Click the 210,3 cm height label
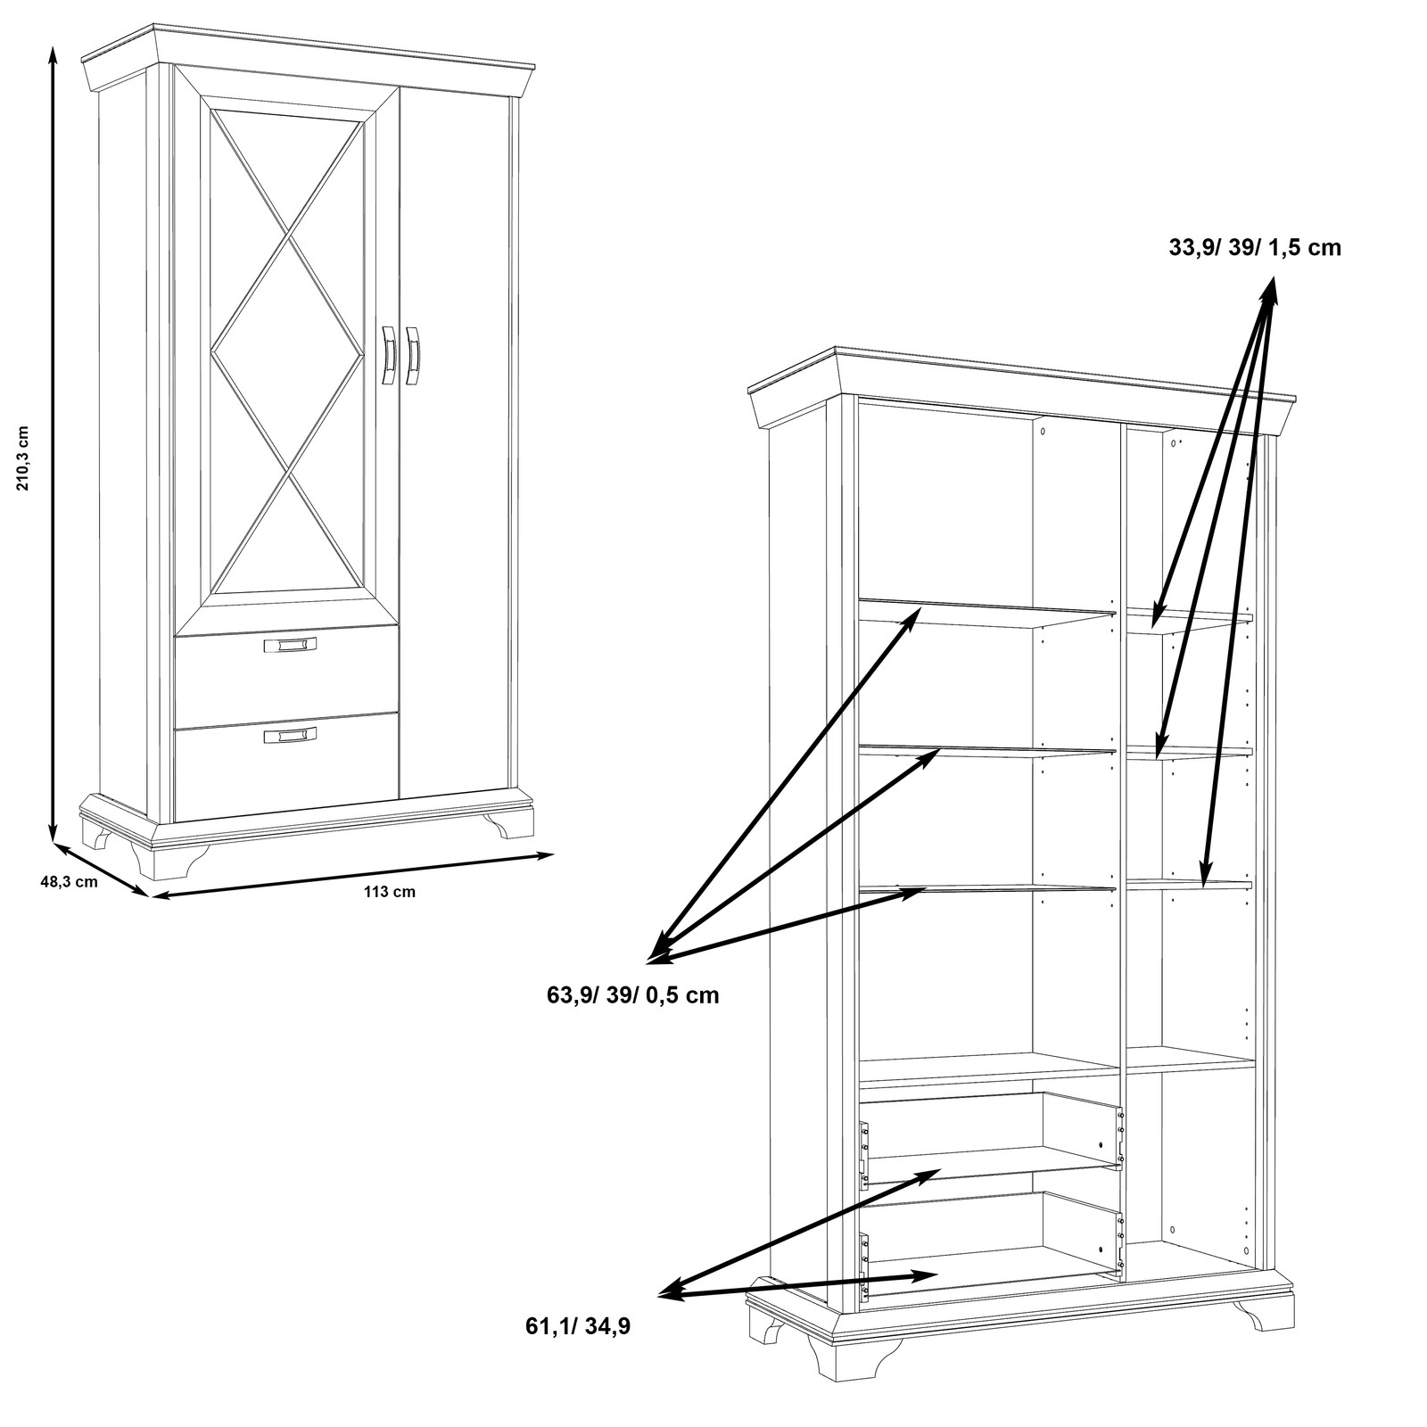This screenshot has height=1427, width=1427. (24, 458)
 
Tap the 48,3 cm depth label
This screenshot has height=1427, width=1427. (69, 882)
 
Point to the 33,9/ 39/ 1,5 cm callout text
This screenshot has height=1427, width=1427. (1255, 247)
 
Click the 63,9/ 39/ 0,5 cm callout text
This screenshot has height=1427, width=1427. (633, 994)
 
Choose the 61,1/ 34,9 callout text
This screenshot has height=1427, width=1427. (578, 1326)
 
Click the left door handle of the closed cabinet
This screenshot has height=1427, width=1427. (389, 355)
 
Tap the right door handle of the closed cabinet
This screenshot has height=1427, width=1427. (412, 355)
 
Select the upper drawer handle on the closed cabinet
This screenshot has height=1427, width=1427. (290, 645)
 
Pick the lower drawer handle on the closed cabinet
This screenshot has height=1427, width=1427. (290, 735)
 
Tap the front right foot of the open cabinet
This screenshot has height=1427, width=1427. (1261, 1316)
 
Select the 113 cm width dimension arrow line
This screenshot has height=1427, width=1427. (353, 875)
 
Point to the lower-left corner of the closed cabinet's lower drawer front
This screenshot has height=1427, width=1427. (176, 821)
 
